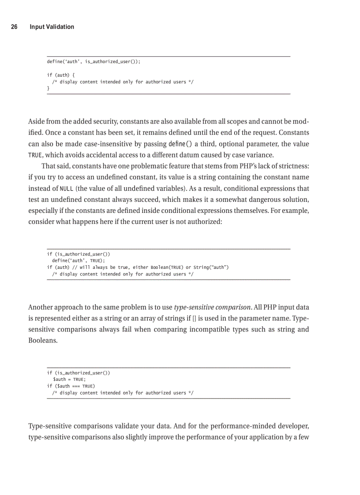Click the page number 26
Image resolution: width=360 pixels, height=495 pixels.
(14, 27)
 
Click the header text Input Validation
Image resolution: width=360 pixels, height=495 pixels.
(52, 27)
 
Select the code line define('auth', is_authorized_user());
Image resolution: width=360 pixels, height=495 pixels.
(94, 62)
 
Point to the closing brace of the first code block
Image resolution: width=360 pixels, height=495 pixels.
(48, 89)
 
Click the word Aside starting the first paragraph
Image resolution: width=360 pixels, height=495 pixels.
(37, 121)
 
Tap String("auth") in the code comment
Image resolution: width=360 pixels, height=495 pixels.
(211, 267)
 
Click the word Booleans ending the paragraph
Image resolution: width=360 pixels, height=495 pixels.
(43, 341)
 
